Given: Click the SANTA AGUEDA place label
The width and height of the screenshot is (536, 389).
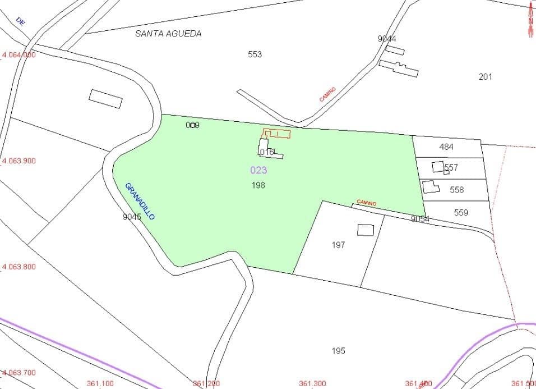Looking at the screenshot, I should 168,34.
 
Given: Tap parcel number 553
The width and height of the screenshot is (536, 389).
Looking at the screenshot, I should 255,54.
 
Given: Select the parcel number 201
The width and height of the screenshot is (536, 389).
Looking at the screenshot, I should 485,76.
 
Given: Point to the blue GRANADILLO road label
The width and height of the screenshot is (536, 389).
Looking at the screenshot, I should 140,200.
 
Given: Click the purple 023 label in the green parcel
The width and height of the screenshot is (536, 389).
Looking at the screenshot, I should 258,170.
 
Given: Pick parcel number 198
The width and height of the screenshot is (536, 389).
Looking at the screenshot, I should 258,185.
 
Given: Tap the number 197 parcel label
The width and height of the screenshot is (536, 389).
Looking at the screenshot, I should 338,245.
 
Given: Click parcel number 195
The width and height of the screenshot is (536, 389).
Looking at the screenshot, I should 338,351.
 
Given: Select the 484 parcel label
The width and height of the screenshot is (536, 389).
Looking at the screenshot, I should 446,147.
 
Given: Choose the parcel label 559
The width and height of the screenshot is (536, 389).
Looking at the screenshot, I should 461,213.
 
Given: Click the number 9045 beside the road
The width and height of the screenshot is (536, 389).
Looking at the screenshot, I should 132,216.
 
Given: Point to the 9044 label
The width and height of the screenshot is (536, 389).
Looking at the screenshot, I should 387,38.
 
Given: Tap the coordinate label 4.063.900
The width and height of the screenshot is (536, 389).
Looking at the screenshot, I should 19,161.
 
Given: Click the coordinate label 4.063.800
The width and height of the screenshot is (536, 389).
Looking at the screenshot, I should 19,267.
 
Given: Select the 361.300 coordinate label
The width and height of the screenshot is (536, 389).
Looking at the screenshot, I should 312,383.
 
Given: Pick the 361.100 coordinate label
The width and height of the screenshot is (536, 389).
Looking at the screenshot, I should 100,383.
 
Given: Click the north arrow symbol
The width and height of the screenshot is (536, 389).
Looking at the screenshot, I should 530,20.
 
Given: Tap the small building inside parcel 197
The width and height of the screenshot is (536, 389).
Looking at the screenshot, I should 366,230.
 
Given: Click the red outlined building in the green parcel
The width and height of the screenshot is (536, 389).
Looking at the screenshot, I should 277,134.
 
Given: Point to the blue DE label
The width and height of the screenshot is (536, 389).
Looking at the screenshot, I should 21,22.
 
